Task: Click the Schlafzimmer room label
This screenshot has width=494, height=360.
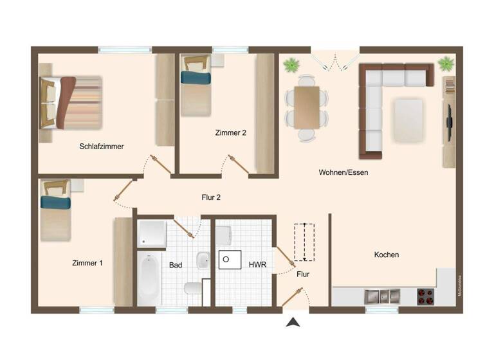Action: pos(101,147)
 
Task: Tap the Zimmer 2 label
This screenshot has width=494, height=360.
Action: pos(230,133)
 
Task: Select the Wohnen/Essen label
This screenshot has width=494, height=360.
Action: pos(343,172)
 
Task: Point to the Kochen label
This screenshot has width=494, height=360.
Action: pos(387,255)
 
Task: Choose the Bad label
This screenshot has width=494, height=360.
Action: pos(176,264)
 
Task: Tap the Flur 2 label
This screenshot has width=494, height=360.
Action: pos(211,197)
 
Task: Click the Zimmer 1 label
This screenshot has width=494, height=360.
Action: pos(87,263)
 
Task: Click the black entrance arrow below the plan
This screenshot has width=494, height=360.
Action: pos(293,322)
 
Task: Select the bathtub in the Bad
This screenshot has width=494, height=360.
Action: pos(149,278)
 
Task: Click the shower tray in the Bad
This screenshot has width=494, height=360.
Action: pos(151,233)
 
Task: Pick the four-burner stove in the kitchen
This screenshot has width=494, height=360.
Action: pos(426,296)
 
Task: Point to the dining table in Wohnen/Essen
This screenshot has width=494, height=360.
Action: pos(306,107)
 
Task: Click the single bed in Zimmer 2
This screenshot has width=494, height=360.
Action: pos(196,85)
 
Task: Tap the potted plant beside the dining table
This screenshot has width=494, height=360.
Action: pos(291,64)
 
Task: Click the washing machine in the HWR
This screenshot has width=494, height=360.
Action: pos(229,258)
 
